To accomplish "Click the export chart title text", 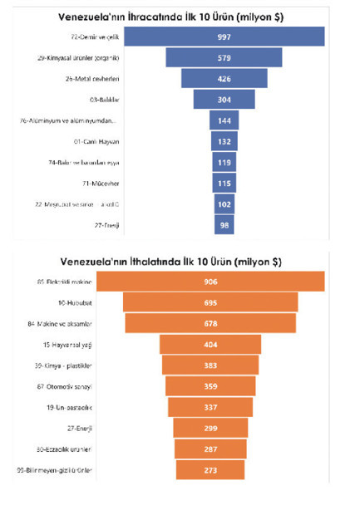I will click(179, 15).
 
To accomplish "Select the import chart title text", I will click(179, 260).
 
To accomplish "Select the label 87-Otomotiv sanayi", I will click(90, 386).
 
